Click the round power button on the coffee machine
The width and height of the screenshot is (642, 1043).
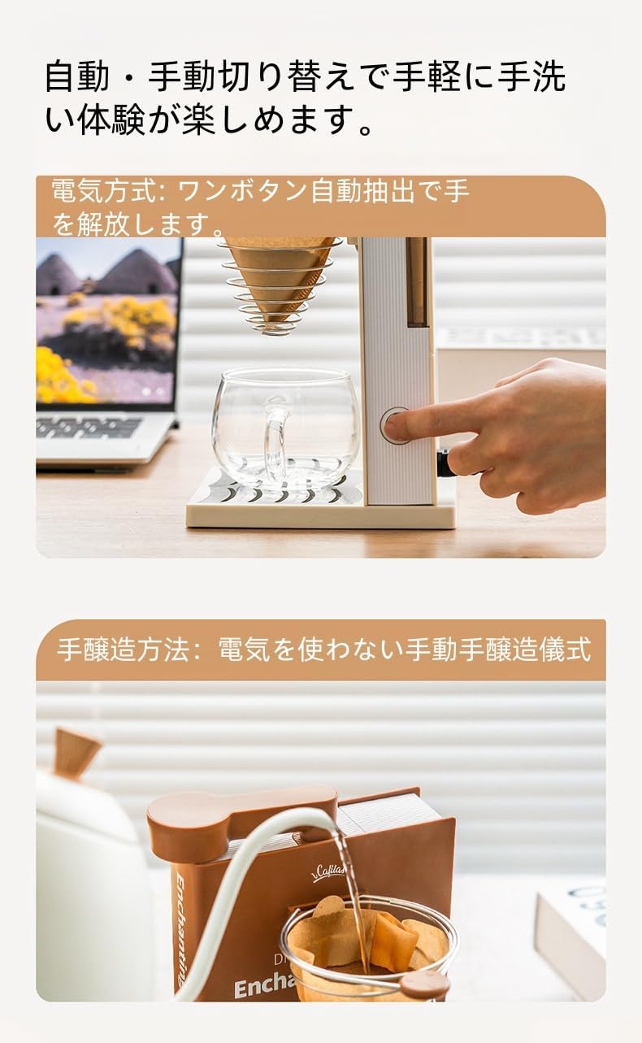coord(395,426)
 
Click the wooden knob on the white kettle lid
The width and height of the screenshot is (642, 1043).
coord(76,751)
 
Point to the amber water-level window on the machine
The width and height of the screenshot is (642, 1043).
coord(418,281)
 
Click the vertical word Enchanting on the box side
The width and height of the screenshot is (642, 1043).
coord(183,927)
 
